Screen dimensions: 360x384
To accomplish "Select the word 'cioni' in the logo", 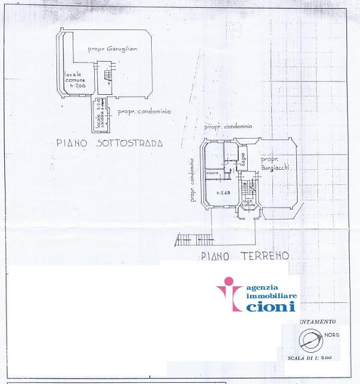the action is pos(269,306).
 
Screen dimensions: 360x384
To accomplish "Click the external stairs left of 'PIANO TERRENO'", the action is pos(194,239).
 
